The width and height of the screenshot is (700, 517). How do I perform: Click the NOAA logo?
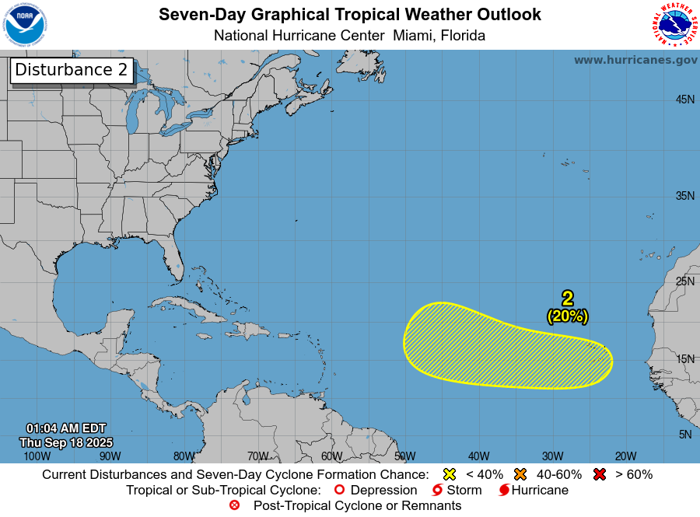pyautogui.click(x=25, y=25)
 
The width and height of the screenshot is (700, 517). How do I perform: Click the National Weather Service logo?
pyautogui.click(x=673, y=25)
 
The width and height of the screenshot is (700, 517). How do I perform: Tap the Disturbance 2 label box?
pyautogui.click(x=72, y=70)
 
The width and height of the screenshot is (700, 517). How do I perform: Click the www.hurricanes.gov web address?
pyautogui.click(x=635, y=60)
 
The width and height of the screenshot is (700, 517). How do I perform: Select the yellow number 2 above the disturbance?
pyautogui.click(x=568, y=298)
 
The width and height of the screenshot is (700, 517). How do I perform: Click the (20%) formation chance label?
pyautogui.click(x=568, y=316)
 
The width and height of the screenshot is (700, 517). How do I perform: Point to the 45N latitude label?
pyautogui.click(x=684, y=100)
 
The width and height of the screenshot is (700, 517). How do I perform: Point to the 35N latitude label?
pyautogui.click(x=684, y=196)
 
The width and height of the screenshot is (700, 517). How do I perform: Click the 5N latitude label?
pyautogui.click(x=684, y=435)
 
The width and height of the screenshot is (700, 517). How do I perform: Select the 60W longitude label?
pyautogui.click(x=331, y=456)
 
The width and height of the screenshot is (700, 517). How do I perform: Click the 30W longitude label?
pyautogui.click(x=552, y=456)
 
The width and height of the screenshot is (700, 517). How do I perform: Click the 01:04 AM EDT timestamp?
pyautogui.click(x=65, y=428)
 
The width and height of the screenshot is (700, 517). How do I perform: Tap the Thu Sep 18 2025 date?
pyautogui.click(x=65, y=442)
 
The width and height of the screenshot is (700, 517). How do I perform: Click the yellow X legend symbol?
pyautogui.click(x=449, y=474)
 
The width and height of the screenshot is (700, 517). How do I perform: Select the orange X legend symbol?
pyautogui.click(x=520, y=474)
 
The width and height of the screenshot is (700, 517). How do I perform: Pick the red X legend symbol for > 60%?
pyautogui.click(x=599, y=474)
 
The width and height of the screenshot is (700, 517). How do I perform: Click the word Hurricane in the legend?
pyautogui.click(x=540, y=491)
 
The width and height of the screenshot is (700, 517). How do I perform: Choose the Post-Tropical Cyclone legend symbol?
pyautogui.click(x=234, y=506)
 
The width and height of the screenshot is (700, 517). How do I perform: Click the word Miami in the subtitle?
pyautogui.click(x=413, y=36)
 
